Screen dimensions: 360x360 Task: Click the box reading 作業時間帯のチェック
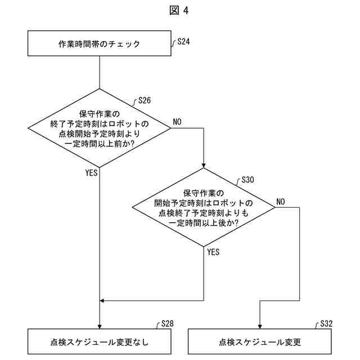99,43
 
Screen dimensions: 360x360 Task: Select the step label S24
183,42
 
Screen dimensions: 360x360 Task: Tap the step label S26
144,101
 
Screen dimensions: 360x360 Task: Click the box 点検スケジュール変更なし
99,341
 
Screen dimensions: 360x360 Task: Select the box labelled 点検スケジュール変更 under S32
259,341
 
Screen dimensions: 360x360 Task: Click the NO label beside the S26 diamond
177,121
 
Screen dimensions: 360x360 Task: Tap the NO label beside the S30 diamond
281,201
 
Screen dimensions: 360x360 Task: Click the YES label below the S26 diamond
92,173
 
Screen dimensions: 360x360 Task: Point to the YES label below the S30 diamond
213,252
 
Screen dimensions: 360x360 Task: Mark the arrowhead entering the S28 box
99,326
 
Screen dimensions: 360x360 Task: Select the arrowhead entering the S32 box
259,326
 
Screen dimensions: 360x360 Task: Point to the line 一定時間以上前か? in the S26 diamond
99,144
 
